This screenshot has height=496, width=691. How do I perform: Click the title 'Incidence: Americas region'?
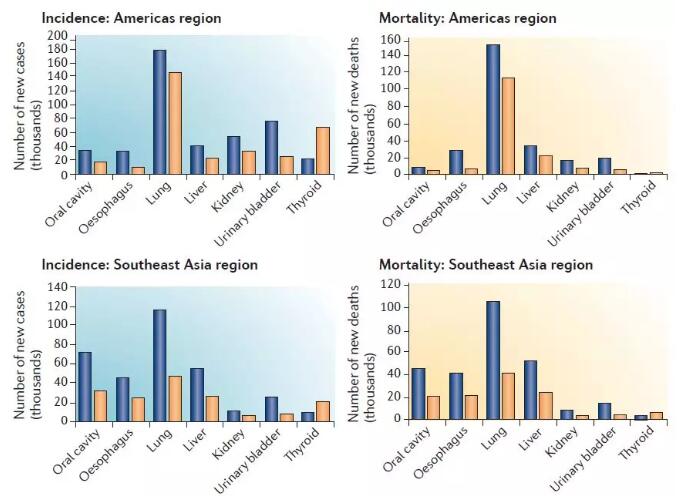point(131,18)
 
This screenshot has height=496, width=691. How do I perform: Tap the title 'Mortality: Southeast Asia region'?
point(485,265)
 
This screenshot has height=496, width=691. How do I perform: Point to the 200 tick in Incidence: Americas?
point(58,36)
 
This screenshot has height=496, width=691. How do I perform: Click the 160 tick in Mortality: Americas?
point(392,40)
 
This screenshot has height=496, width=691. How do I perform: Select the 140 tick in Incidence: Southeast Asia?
point(56,287)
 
